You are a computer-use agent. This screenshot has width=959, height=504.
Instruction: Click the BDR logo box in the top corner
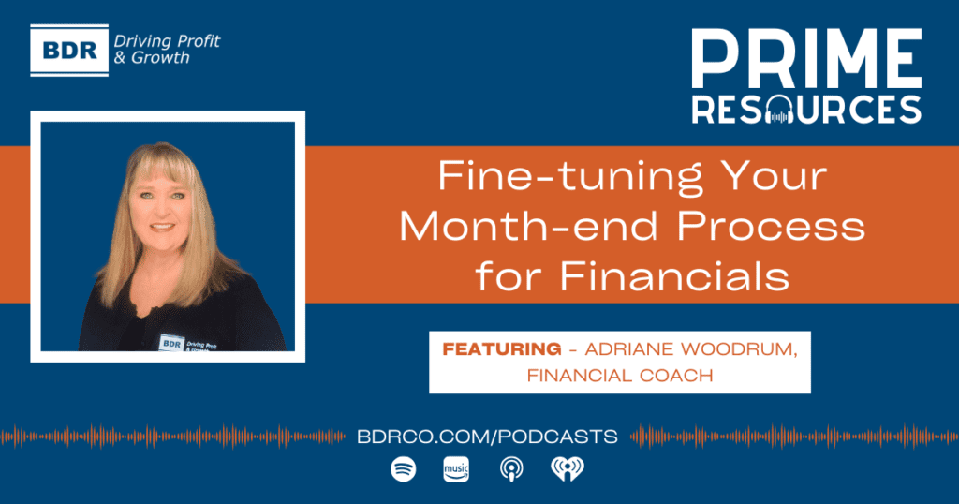point(69,51)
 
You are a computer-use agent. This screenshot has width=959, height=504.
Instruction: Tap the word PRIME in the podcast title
point(806,59)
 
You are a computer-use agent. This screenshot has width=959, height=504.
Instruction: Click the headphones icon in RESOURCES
point(778,111)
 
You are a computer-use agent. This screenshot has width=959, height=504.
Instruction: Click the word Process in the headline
point(772,227)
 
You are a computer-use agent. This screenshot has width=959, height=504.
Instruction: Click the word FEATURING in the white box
point(502,349)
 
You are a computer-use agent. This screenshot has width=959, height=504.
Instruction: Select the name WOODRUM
point(739,349)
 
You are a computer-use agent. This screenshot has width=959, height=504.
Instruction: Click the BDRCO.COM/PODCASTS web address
point(487,437)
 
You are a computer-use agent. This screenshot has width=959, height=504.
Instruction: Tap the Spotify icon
point(403,469)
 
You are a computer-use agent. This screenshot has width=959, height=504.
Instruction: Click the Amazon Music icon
point(456,469)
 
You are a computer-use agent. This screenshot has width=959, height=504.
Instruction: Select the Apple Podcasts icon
point(511,469)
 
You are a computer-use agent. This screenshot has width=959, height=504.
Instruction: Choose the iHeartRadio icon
point(568,469)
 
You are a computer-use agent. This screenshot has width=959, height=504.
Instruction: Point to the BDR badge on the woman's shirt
point(172,343)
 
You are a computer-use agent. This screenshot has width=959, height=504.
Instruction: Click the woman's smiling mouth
point(162,228)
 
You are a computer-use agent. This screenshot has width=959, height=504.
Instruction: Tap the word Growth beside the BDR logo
point(160,58)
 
